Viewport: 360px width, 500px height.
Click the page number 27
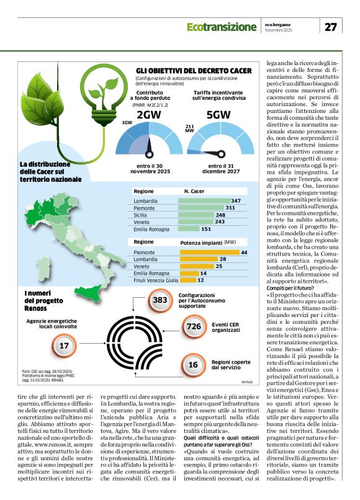331,27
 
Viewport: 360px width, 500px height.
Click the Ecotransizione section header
221,27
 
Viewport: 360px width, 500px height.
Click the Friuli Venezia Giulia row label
156,280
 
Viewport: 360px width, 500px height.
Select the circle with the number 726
193,326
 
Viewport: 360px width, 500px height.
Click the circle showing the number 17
64,346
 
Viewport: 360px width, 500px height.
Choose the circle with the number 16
193,365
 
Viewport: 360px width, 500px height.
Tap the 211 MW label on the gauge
190,130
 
